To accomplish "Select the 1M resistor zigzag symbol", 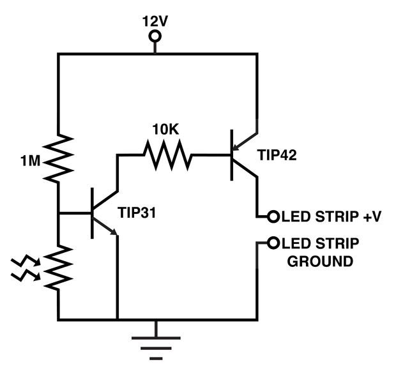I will [x=59, y=157].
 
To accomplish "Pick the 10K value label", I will [x=165, y=129].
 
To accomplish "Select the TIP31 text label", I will [x=137, y=211].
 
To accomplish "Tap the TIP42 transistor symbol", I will [x=243, y=154].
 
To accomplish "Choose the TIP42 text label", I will [x=278, y=155].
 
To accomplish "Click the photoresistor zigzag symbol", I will [x=59, y=268].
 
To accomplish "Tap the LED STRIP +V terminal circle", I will [x=273, y=216].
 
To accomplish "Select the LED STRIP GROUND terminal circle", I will [x=273, y=243].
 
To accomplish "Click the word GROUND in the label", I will [x=320, y=261].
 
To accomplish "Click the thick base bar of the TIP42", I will [x=232, y=154].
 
